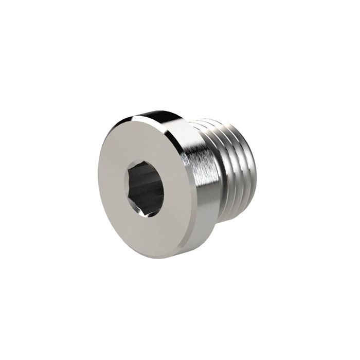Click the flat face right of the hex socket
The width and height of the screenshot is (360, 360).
[x=177, y=190]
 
